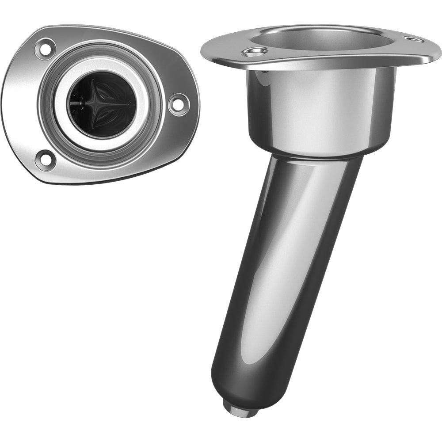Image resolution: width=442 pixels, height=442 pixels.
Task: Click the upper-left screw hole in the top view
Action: pyautogui.click(x=45, y=49)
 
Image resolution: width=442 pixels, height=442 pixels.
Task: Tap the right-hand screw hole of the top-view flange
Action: pyautogui.click(x=179, y=104)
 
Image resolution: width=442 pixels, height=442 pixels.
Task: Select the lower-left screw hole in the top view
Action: pyautogui.click(x=45, y=160)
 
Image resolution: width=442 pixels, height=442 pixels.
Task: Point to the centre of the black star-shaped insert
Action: pyautogui.click(x=101, y=104)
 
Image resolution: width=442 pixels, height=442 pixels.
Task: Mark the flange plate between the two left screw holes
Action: pyautogui.click(x=22, y=104)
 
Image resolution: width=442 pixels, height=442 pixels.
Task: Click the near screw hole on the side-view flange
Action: pyautogui.click(x=255, y=53)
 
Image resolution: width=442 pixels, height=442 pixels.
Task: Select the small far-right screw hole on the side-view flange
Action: pyautogui.click(x=414, y=40)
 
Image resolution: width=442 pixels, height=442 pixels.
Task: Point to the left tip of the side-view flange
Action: pyautogui.click(x=204, y=51)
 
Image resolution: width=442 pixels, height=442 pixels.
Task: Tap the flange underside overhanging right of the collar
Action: pyautogui.click(x=407, y=62)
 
